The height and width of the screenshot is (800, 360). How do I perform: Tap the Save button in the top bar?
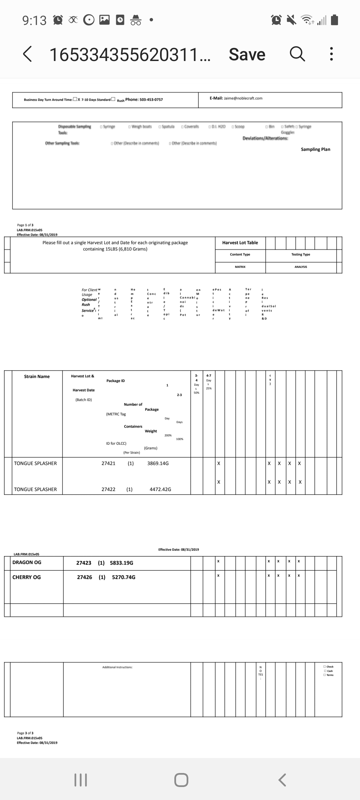pyautogui.click(x=247, y=54)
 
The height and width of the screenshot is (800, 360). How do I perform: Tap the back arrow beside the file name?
pyautogui.click(x=28, y=54)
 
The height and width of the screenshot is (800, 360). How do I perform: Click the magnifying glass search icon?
pyautogui.click(x=297, y=54)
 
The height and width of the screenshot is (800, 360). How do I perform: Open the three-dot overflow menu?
pyautogui.click(x=331, y=54)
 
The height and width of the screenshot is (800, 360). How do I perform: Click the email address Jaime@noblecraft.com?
pyautogui.click(x=243, y=98)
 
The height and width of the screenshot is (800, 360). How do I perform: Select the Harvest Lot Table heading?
pyautogui.click(x=240, y=243)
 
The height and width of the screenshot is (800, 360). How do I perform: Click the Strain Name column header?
pyautogui.click(x=37, y=377)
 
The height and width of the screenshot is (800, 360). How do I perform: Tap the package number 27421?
pyautogui.click(x=108, y=463)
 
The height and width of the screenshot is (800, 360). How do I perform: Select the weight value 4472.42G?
pyautogui.click(x=160, y=489)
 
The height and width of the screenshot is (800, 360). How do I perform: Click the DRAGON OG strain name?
pyautogui.click(x=27, y=562)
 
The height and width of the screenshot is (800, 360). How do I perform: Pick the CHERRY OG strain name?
pyautogui.click(x=27, y=577)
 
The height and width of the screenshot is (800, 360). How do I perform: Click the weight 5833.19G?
pyautogui.click(x=121, y=563)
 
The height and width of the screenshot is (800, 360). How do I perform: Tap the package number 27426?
pyautogui.click(x=84, y=577)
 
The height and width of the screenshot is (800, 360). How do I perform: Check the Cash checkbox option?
pyautogui.click(x=325, y=671)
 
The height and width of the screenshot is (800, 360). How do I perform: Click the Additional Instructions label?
pyautogui.click(x=117, y=667)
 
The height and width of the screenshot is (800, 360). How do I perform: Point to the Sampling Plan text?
pyautogui.click(x=315, y=149)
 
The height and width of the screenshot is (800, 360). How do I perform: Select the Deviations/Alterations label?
pyautogui.click(x=265, y=138)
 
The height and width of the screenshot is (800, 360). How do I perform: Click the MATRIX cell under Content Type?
pyautogui.click(x=240, y=267)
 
